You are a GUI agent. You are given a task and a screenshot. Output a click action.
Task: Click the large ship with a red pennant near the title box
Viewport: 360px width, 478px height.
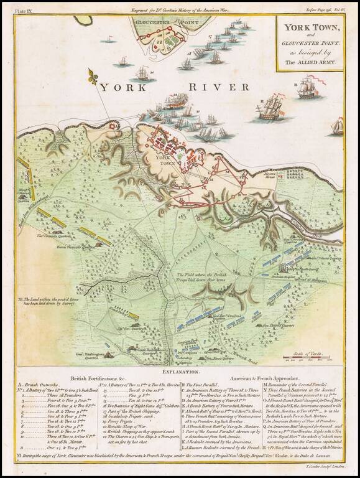click(x=310, y=87)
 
